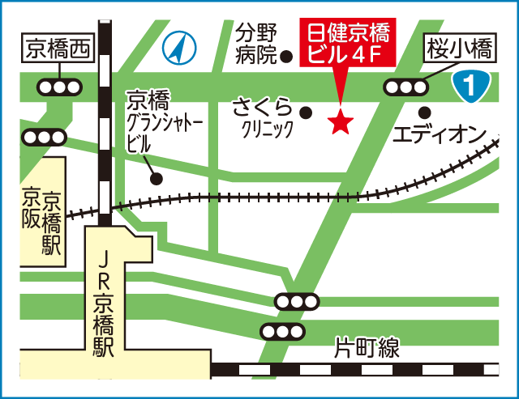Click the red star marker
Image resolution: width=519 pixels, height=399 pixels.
(x=341, y=122)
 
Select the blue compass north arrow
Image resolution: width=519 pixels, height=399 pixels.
(x=179, y=49)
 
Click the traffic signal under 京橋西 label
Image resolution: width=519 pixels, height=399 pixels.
(x=58, y=87)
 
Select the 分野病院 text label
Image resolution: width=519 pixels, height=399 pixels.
(x=256, y=45)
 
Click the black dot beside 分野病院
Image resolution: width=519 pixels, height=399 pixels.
(x=286, y=57)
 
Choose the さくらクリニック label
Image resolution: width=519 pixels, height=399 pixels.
(x=263, y=118)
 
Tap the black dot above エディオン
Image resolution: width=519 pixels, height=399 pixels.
(x=422, y=112)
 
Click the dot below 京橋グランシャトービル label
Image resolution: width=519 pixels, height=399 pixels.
(x=157, y=178)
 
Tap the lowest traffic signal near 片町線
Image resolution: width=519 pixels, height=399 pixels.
(x=282, y=332)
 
